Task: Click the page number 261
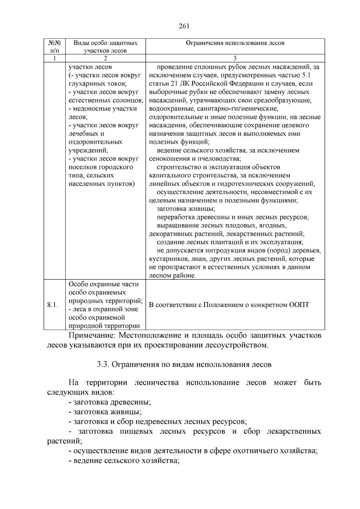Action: (x=184, y=26)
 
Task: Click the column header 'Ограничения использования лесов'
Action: (x=235, y=43)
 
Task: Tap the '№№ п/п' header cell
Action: (x=55, y=47)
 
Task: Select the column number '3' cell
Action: (x=235, y=58)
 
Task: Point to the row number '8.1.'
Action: (x=52, y=305)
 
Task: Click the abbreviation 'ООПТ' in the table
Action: (x=299, y=305)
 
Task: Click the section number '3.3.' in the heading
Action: (x=103, y=364)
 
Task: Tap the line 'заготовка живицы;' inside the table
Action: (x=186, y=209)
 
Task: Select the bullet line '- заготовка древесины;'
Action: (x=110, y=402)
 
